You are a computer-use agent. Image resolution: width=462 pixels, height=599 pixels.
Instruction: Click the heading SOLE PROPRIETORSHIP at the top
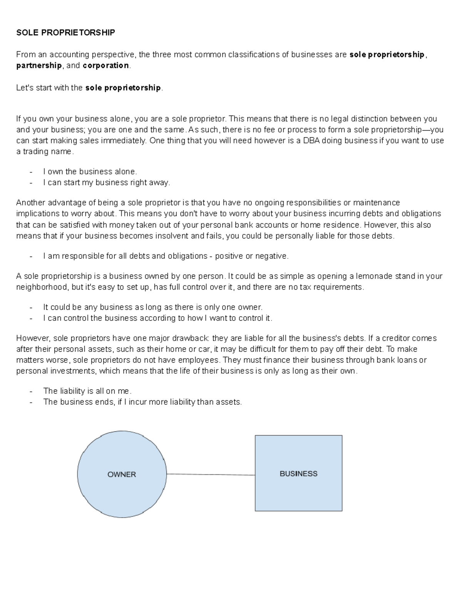[x=65, y=33]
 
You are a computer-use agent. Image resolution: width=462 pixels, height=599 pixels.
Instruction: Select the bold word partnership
[x=38, y=66]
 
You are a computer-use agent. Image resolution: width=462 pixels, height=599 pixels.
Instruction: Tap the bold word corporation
[x=106, y=66]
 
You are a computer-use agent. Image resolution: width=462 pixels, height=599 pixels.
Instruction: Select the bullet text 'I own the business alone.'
[x=90, y=172]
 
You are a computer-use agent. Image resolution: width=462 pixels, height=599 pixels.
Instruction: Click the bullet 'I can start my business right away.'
[x=106, y=182]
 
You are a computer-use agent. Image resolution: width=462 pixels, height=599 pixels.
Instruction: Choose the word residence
[x=342, y=225]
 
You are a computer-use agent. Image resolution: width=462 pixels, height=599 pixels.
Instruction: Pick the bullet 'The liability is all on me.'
[x=87, y=391]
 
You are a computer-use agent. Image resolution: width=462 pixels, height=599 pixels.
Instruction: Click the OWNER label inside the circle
[x=122, y=474]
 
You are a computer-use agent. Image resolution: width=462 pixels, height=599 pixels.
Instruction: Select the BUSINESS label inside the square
[x=298, y=474]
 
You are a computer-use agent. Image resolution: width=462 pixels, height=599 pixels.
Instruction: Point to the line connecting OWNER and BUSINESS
[x=211, y=474]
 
